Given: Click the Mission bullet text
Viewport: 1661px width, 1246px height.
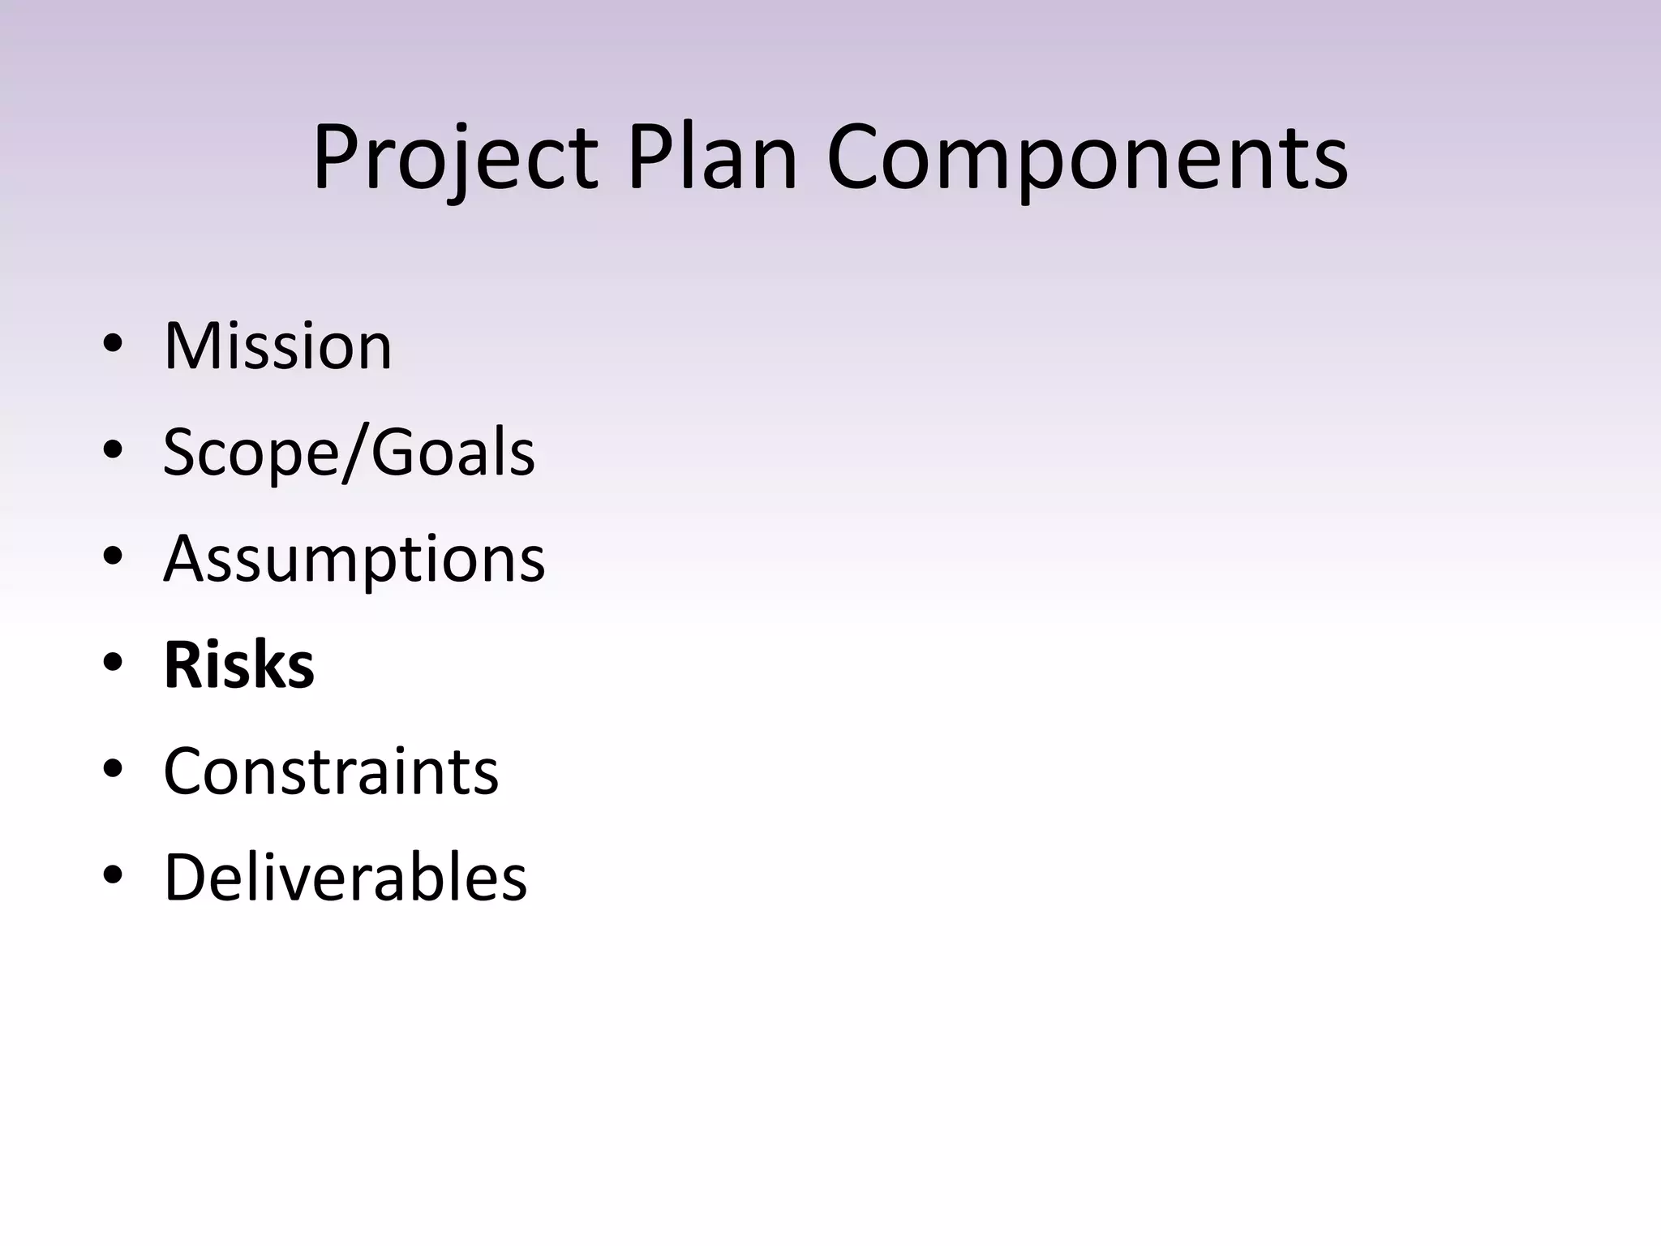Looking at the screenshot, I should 277,346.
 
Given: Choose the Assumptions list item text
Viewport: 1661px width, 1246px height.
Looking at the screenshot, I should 354,559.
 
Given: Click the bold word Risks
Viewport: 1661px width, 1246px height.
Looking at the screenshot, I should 238,665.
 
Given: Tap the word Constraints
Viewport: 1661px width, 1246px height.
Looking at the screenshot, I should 331,771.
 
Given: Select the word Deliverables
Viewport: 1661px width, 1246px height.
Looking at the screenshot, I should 346,877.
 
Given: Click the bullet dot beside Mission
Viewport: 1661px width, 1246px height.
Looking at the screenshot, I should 113,344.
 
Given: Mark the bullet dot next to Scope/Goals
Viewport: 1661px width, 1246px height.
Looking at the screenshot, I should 113,450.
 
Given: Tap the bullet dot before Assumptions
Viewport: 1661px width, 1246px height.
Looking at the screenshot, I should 113,556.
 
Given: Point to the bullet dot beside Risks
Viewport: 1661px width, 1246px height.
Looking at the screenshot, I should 113,663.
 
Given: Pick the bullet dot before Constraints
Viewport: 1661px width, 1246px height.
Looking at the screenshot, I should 113,769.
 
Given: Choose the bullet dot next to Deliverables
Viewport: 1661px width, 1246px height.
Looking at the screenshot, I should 113,875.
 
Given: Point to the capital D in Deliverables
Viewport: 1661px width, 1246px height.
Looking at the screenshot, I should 186,877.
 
